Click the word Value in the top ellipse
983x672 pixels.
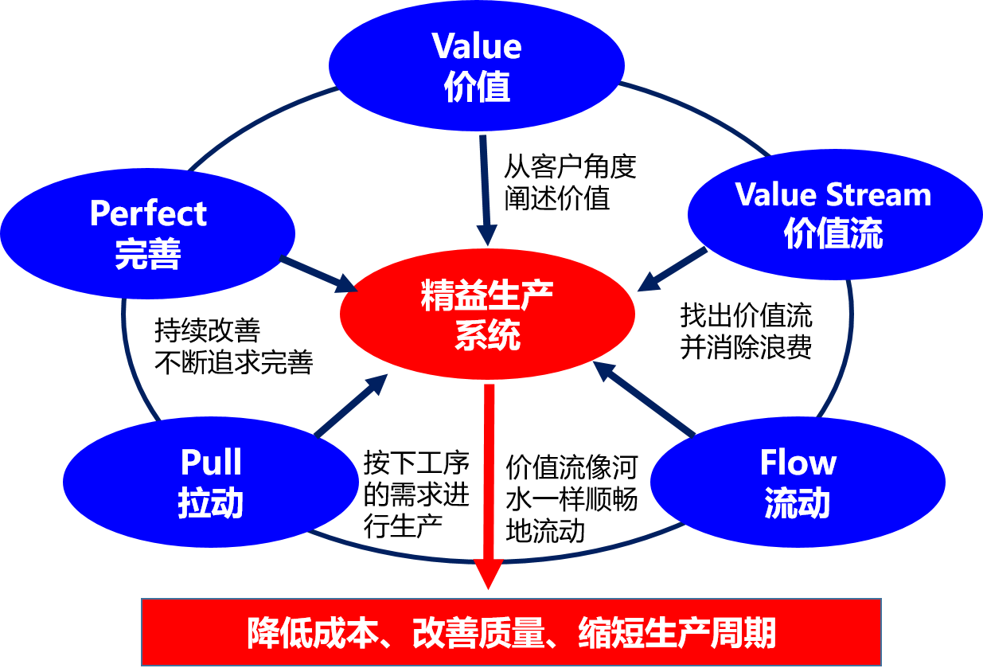[477, 46]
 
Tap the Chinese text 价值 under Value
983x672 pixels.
[477, 88]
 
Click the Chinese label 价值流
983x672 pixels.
[833, 235]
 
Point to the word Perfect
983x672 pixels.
[148, 213]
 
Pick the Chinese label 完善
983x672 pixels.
[148, 254]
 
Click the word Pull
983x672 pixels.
[211, 463]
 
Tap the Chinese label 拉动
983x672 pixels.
[211, 504]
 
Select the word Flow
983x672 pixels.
[798, 463]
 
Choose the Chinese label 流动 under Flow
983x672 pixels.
[798, 504]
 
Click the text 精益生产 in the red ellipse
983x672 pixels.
[487, 295]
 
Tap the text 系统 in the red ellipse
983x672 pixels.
[487, 335]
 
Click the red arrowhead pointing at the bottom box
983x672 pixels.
[488, 573]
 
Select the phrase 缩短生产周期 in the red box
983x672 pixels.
[677, 633]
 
